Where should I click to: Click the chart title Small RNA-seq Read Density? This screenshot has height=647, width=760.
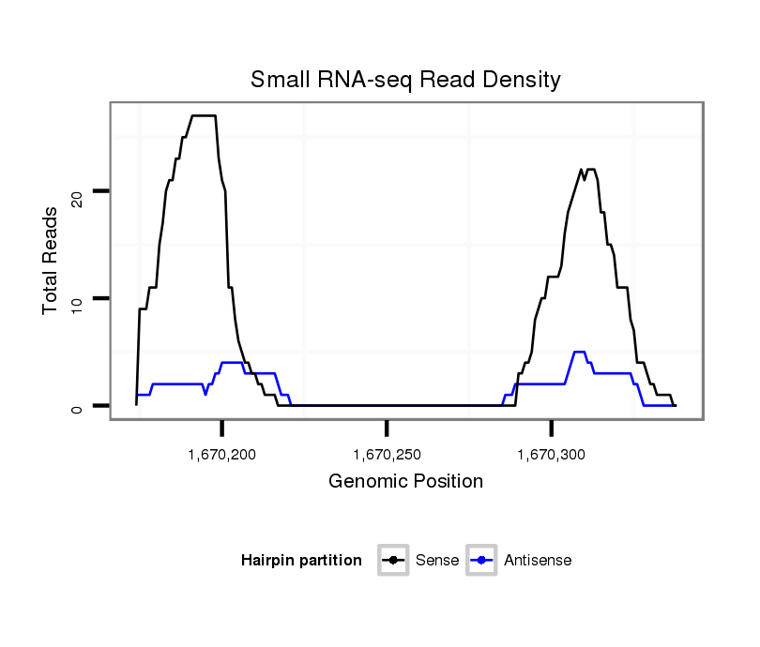405,80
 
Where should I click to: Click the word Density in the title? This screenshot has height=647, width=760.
524,81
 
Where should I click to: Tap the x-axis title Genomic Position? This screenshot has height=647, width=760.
405,482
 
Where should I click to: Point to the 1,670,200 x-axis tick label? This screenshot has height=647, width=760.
221,455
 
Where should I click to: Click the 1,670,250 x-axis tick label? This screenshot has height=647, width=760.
387,455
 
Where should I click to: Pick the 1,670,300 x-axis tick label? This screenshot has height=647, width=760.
551,455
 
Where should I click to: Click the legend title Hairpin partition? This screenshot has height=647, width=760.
301,561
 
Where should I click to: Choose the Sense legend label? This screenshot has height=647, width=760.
436,561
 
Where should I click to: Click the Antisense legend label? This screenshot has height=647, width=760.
538,561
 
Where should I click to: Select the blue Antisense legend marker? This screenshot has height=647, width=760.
482,561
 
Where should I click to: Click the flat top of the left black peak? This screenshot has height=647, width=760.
204,115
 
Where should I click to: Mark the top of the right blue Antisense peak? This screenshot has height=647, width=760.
579,352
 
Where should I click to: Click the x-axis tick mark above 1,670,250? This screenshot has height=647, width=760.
387,428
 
